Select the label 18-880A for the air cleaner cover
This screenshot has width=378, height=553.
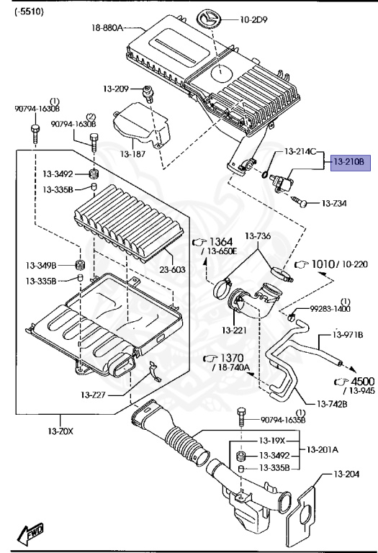(107, 28)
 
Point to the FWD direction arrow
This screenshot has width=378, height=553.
(33, 533)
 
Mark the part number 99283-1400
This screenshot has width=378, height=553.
(333, 308)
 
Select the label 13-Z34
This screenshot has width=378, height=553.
(333, 204)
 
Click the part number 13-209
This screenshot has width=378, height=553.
(115, 89)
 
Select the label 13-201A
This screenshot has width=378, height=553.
(323, 449)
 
